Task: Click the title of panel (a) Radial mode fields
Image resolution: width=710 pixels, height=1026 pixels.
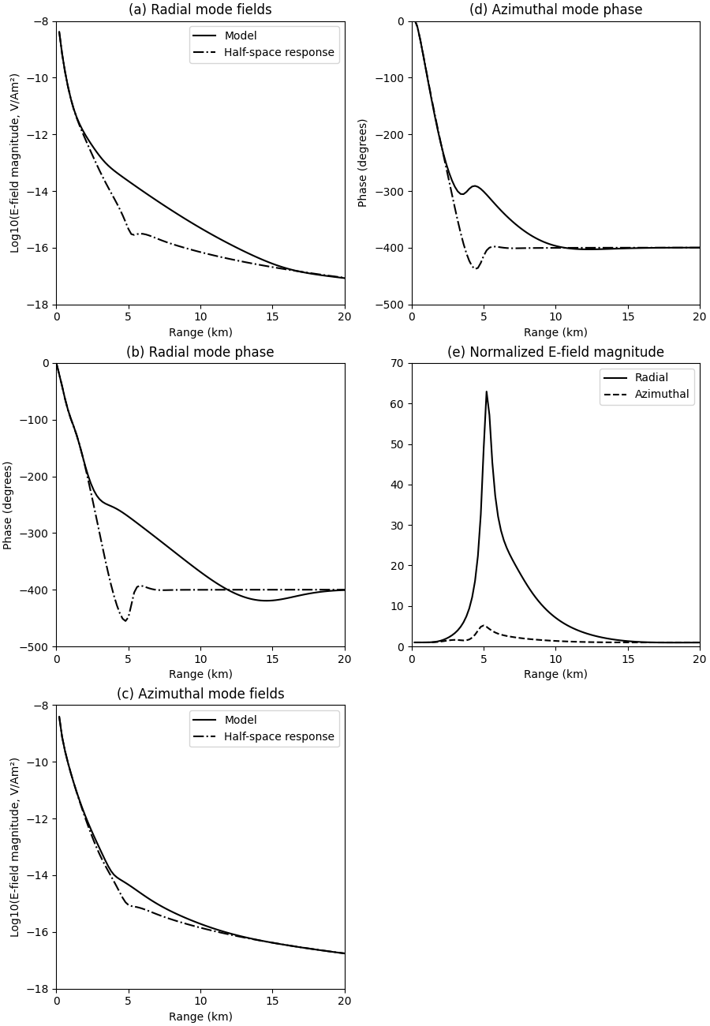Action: point(200,10)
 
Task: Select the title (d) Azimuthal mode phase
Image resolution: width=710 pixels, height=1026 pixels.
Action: point(555,10)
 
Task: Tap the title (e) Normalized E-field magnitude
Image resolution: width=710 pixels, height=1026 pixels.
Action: point(555,352)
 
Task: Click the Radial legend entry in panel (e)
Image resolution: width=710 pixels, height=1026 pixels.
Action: point(651,378)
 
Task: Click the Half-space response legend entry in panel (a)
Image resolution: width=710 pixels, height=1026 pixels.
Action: point(278,53)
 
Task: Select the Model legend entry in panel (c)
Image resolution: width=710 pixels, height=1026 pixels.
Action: point(240,720)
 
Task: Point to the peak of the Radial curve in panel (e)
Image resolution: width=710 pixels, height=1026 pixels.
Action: point(486,391)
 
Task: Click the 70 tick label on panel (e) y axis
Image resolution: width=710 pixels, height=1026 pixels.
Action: point(398,363)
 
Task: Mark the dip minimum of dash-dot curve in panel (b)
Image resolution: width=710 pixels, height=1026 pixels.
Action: point(125,620)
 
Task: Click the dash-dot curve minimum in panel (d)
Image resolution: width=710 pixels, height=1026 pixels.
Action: point(476,268)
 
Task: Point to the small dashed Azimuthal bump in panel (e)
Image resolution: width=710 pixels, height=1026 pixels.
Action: point(484,626)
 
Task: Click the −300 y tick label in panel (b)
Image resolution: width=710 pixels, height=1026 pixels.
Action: point(35,534)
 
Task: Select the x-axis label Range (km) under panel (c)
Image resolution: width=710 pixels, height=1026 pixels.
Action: point(200,1017)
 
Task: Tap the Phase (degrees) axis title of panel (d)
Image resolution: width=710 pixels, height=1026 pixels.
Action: point(363,163)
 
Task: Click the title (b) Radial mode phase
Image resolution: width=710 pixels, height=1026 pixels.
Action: point(200,352)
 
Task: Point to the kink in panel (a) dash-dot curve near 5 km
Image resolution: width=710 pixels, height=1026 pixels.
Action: point(131,234)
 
